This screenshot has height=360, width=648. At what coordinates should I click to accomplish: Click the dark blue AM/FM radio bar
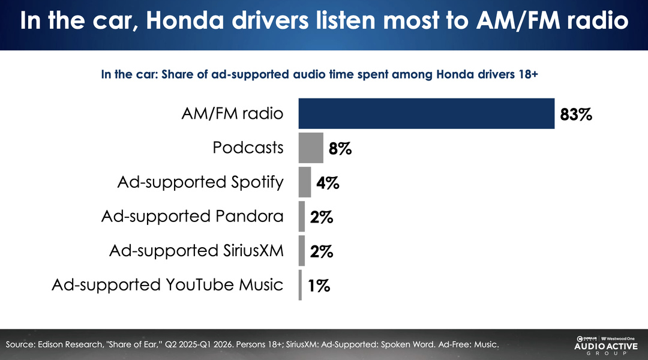pos(426,113)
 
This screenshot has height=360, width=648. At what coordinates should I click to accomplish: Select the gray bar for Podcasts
pos(311,148)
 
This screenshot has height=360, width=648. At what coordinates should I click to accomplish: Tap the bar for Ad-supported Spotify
pos(305,182)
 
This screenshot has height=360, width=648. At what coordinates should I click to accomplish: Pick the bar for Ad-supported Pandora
pos(302,217)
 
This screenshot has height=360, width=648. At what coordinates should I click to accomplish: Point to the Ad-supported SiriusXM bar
pos(302,251)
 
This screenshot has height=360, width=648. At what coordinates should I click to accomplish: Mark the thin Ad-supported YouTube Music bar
pos(300,285)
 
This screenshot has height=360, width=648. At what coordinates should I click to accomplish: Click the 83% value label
pos(576,114)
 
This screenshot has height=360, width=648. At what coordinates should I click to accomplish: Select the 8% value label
pos(340,148)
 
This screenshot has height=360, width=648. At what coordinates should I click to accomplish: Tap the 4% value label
pos(328,183)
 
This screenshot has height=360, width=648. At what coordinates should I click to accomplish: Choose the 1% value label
pos(319,286)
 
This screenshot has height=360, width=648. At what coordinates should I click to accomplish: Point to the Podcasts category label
pos(248,148)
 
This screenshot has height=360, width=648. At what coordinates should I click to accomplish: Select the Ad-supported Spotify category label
pos(200,182)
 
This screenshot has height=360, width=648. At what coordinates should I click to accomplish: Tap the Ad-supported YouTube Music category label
pos(167,284)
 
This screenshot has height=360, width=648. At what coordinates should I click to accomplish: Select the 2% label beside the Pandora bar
pos(322,217)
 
